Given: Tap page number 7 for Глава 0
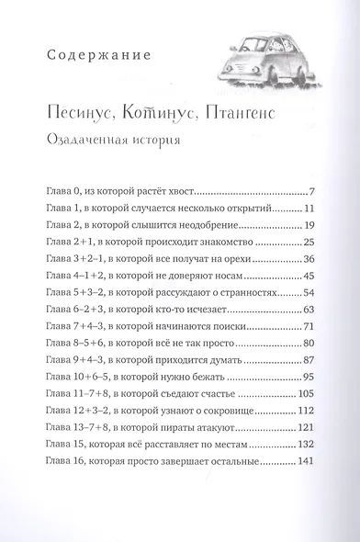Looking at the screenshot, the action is [312, 193].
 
